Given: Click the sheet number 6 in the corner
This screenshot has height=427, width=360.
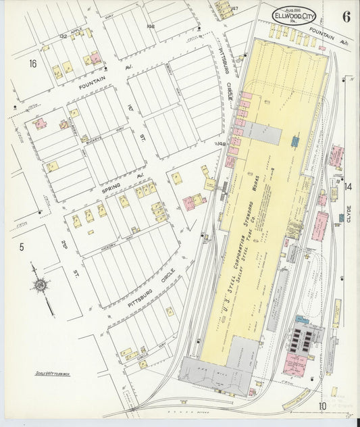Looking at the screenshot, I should pos(345,18).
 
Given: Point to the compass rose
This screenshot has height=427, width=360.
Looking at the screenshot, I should pos(42,286).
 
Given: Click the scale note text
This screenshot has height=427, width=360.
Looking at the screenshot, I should pos(53,372).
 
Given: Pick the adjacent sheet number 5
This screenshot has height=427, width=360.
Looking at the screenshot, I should pos(22,248).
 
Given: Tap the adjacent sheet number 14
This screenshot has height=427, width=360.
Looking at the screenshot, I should pos(348,186).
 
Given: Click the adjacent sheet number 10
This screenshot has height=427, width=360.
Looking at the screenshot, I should pos(324,405).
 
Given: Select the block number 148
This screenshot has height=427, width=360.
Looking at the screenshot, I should pos(221,143).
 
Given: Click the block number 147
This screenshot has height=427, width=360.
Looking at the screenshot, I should pos(235,8).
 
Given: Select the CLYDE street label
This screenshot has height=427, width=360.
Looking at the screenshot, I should pos(349,214).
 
